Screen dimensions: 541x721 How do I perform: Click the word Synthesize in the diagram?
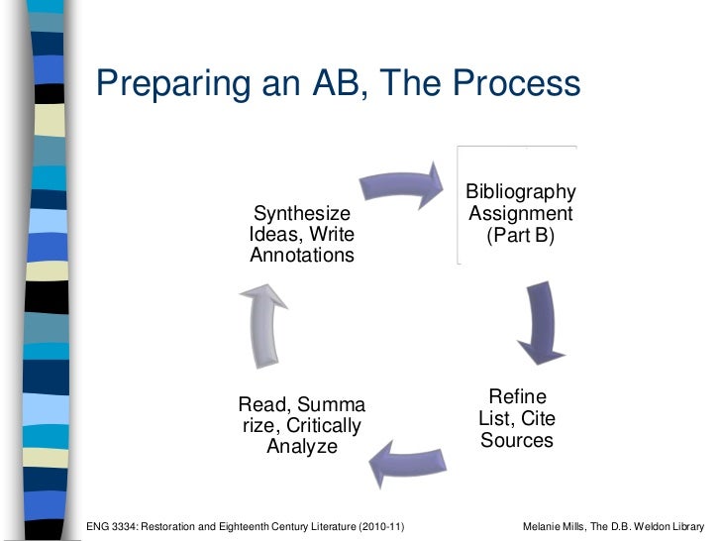click(302, 213)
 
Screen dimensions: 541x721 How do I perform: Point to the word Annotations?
click(302, 256)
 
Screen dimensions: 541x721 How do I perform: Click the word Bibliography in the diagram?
click(520, 191)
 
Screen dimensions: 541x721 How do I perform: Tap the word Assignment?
click(520, 213)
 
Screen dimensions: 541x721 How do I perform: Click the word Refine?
click(516, 396)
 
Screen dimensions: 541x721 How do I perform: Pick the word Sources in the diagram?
click(516, 439)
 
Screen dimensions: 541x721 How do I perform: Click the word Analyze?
click(302, 448)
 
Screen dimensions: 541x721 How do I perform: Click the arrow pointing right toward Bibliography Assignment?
click(401, 181)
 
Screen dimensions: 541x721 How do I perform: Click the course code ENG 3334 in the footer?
click(114, 524)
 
